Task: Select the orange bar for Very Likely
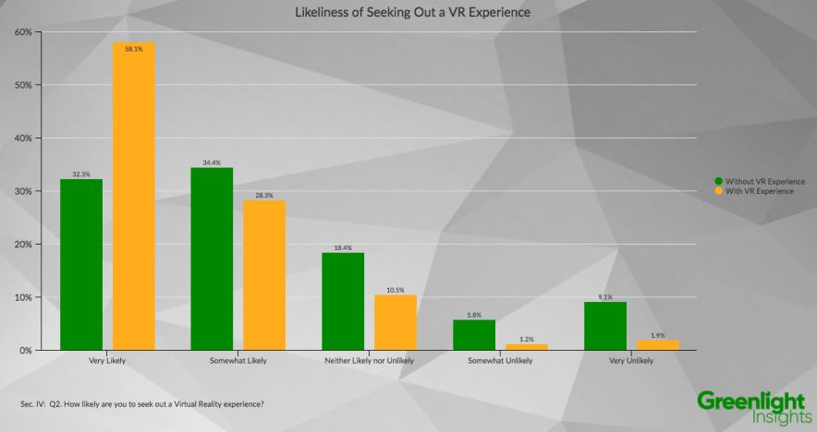click(133, 197)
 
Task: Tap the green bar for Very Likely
click(81, 265)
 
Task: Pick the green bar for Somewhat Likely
click(212, 259)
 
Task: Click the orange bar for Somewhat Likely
click(264, 275)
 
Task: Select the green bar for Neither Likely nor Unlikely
click(343, 302)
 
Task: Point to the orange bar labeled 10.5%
click(396, 323)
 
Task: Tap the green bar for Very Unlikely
click(605, 326)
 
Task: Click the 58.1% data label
click(133, 49)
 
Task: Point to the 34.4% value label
click(212, 162)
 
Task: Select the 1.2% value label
click(527, 339)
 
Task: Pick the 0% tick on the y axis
click(24, 351)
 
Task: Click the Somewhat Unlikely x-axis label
click(500, 361)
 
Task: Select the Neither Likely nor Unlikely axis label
click(369, 361)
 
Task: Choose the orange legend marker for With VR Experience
click(718, 191)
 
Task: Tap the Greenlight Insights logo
click(750, 407)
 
